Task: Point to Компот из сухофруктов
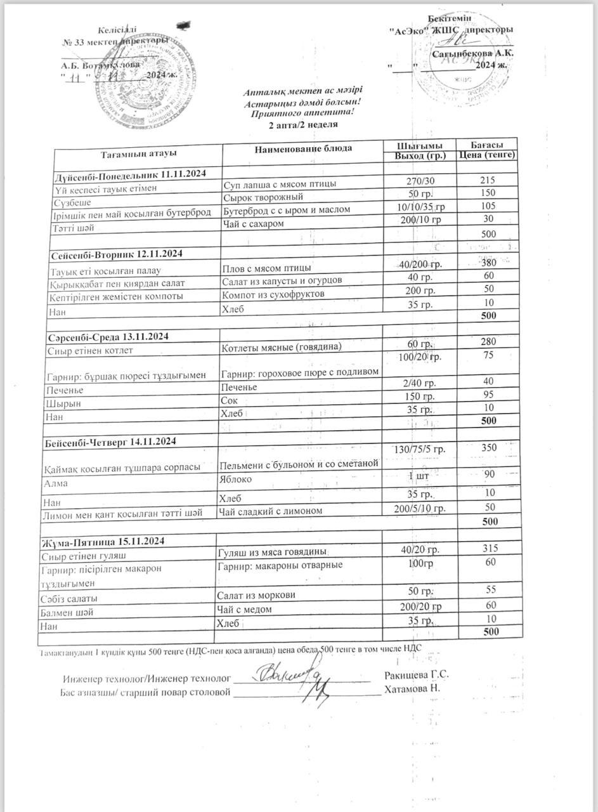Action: [273, 295]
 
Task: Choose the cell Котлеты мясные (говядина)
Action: [282, 347]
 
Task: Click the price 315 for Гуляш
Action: [488, 549]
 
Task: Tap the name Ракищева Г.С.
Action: [417, 675]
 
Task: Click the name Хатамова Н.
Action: [412, 688]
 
